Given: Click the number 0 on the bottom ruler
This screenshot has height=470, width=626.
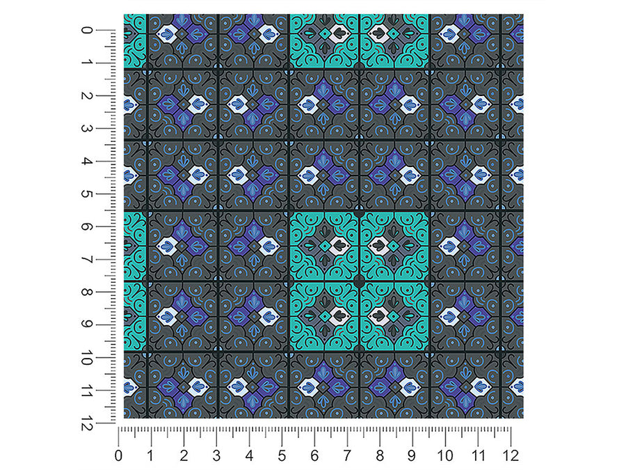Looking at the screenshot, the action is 118,455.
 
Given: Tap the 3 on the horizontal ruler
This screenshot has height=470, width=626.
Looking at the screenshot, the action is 216,455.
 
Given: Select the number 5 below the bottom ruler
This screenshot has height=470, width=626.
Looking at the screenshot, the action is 282,455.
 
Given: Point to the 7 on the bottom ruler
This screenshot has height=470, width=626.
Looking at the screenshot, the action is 347,455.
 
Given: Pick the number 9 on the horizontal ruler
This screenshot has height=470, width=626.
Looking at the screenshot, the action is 412,455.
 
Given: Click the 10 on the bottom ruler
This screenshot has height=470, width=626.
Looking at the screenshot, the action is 444,455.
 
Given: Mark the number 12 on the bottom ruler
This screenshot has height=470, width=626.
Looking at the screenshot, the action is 511,455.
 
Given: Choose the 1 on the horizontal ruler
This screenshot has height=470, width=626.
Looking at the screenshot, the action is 150,455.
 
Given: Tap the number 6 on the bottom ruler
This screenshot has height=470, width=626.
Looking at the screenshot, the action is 314,455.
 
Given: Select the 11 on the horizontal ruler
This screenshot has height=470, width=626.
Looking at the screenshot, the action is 478,455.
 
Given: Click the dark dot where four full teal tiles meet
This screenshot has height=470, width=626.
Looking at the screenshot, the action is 360,282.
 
